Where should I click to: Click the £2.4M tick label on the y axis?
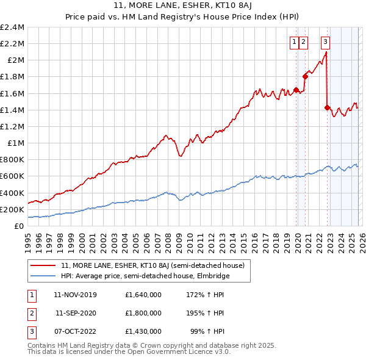point(12,27)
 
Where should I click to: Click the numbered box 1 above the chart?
point(295,41)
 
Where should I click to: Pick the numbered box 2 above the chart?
point(304,41)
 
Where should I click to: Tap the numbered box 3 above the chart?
point(325,41)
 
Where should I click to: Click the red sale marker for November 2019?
point(296,90)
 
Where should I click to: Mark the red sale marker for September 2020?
point(305,77)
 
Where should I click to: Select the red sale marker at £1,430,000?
point(328,107)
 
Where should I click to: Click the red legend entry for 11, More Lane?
point(152,265)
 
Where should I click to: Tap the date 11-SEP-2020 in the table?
point(77,312)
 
